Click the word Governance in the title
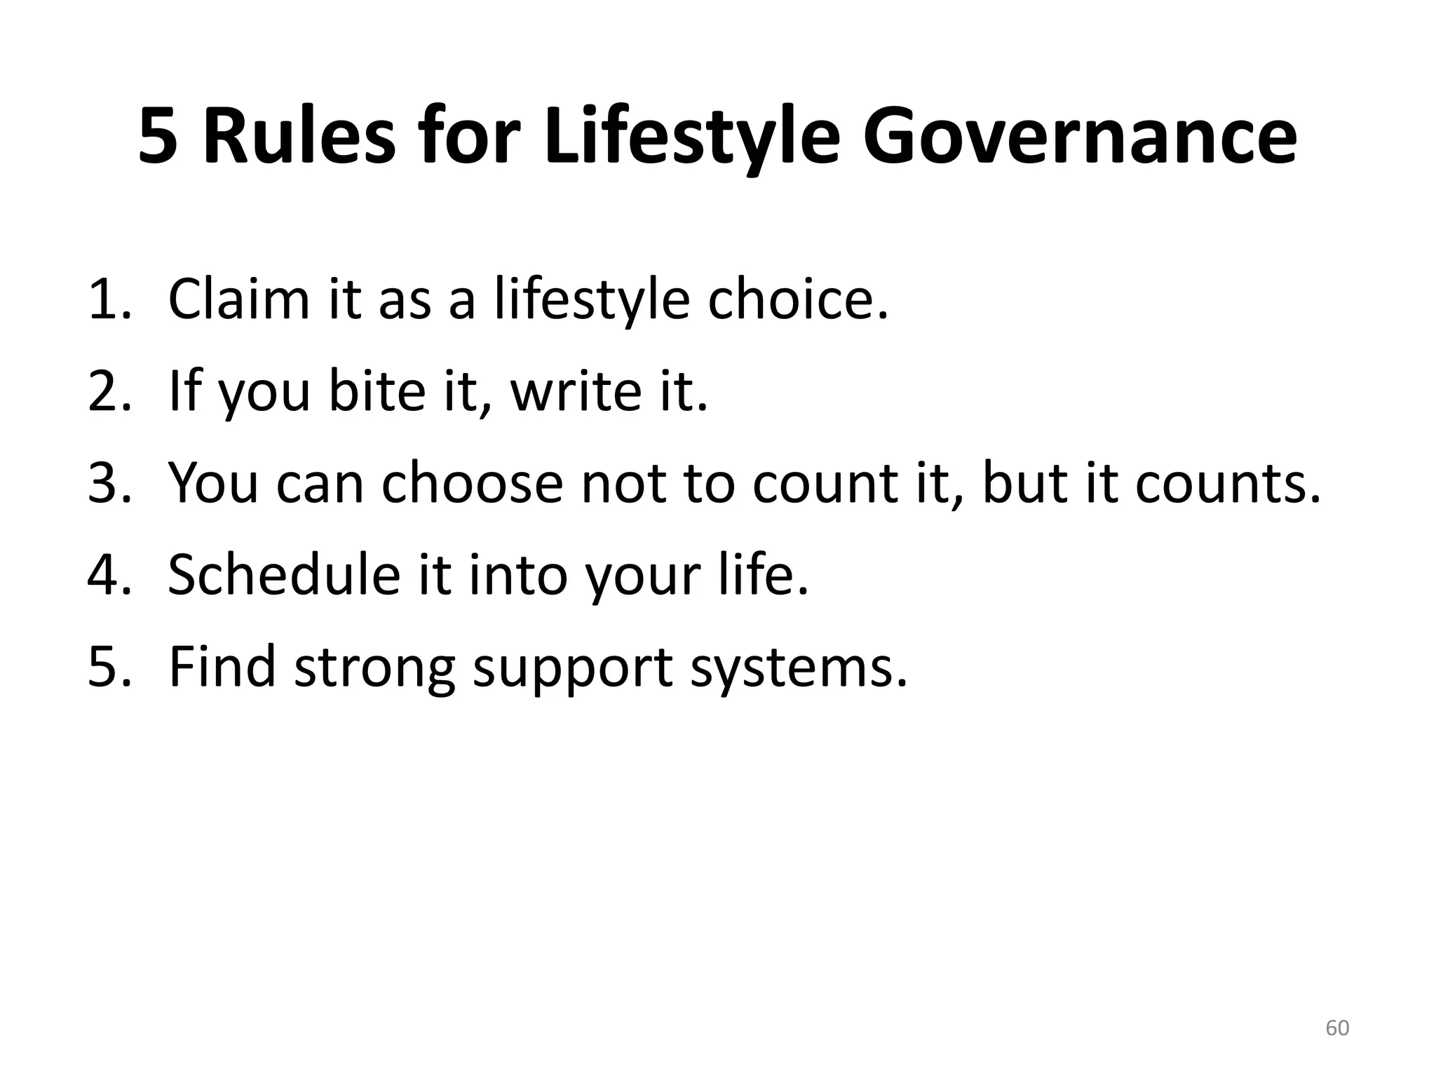pyautogui.click(x=1079, y=137)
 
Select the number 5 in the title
pyautogui.click(x=158, y=137)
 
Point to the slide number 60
pyautogui.click(x=1337, y=1028)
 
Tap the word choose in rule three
pyautogui.click(x=472, y=483)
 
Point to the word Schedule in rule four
pyautogui.click(x=283, y=575)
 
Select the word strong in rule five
pyautogui.click(x=374, y=667)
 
